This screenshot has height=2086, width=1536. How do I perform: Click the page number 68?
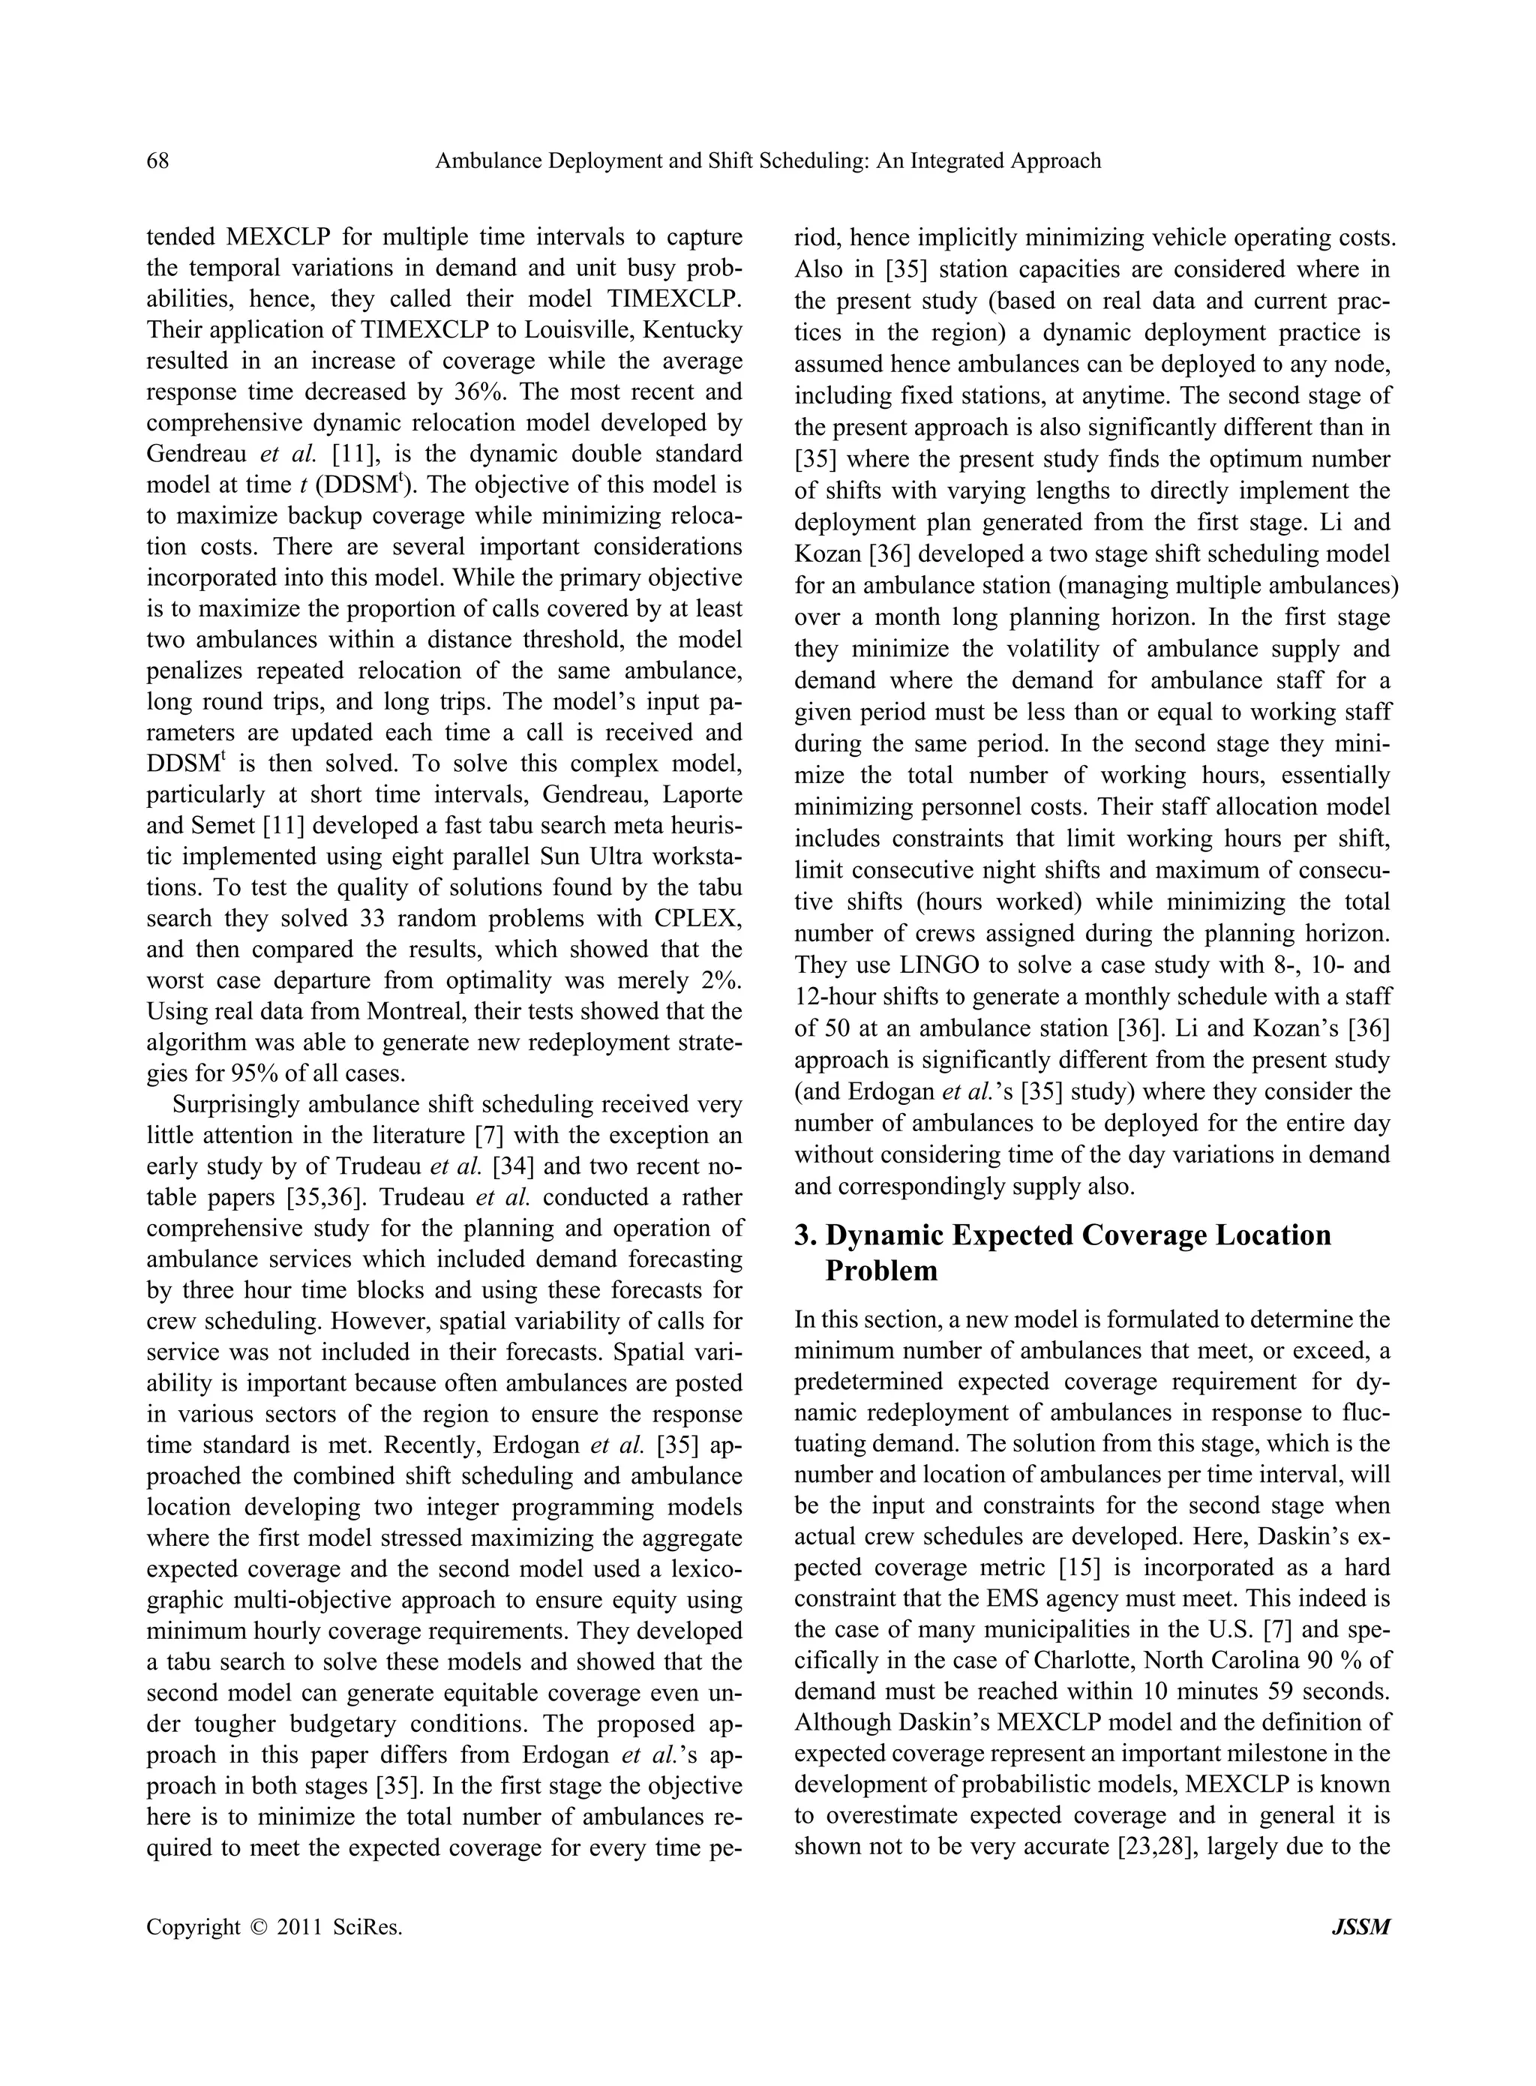tap(158, 161)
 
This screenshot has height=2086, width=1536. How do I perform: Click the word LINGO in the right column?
tap(939, 965)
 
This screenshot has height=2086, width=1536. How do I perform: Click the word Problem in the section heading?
tap(880, 1271)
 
